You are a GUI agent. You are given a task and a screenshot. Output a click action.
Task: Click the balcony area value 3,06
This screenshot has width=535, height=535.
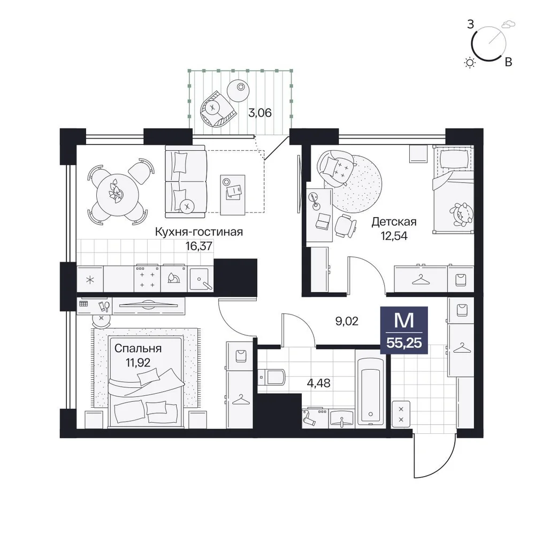pos(260,112)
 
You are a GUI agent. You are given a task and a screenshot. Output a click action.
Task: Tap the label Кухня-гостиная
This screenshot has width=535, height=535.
pos(199,232)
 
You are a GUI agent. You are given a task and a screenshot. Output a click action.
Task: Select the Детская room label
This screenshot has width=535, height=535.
pos(394,222)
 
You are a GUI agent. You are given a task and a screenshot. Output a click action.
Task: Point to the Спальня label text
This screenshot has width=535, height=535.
pos(138,348)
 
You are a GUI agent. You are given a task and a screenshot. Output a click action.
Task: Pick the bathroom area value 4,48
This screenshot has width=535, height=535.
pos(319,383)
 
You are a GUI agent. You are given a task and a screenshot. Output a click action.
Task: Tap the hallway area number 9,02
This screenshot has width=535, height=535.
pos(347,321)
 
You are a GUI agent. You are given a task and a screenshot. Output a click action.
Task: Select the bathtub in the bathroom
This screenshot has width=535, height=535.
pos(370,388)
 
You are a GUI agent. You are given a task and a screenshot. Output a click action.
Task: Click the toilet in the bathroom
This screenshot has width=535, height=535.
pos(272,377)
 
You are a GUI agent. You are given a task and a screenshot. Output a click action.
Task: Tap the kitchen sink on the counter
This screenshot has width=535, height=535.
pos(201,279)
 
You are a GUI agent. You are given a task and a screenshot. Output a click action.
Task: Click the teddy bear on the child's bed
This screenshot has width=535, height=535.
pos(461,215)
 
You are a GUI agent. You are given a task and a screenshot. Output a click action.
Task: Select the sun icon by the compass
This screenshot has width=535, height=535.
pos(470,63)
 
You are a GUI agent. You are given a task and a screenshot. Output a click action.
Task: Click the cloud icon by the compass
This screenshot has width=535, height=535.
pos(508,24)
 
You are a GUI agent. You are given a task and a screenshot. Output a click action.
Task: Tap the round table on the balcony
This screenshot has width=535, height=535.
pos(238,90)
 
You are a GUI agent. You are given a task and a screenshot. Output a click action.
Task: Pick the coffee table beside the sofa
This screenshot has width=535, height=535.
pos(233,195)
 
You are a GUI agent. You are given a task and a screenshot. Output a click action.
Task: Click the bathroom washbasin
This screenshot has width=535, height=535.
pos(341,419)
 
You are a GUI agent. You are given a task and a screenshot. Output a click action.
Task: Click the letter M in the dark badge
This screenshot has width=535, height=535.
pos(404,320)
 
